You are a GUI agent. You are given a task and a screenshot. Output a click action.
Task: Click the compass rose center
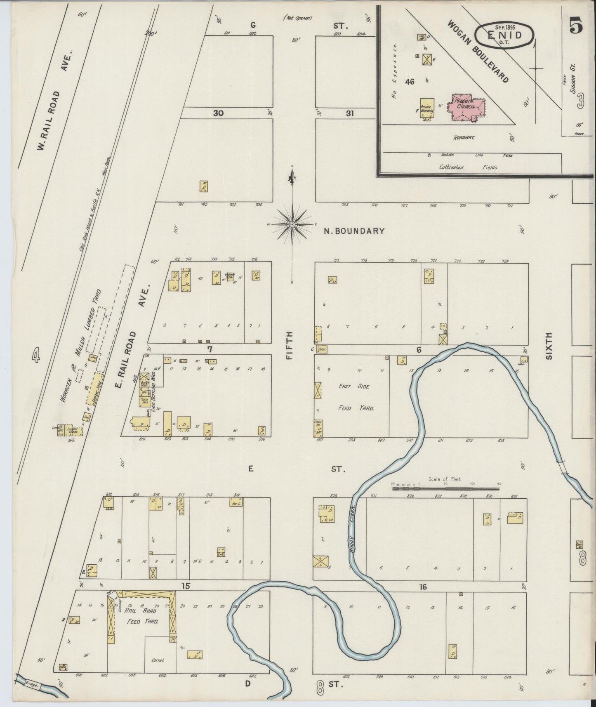(292, 224)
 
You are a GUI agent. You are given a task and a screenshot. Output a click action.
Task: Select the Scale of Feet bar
(445, 488)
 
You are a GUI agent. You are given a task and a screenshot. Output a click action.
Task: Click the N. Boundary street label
(354, 231)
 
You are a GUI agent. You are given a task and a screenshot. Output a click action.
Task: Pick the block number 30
(218, 113)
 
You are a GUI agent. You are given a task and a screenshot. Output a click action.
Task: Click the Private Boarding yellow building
(426, 110)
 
